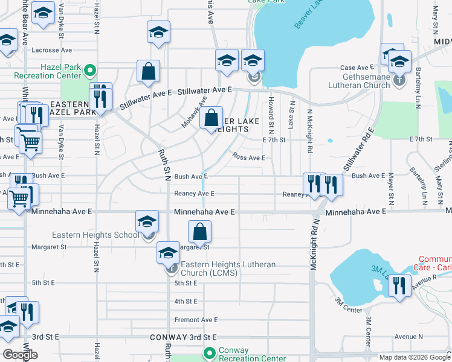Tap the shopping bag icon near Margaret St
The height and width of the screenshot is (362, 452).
tap(199, 231)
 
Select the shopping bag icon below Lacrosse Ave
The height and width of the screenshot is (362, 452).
tap(148, 71)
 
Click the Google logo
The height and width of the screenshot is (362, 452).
tap(21, 354)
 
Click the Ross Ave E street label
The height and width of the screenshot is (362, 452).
tap(249, 157)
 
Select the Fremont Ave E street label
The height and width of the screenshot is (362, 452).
tap(195, 320)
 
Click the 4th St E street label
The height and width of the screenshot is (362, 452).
tap(186, 301)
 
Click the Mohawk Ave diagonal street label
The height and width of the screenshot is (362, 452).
tap(195, 112)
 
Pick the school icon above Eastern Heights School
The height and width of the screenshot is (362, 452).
tap(147, 221)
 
